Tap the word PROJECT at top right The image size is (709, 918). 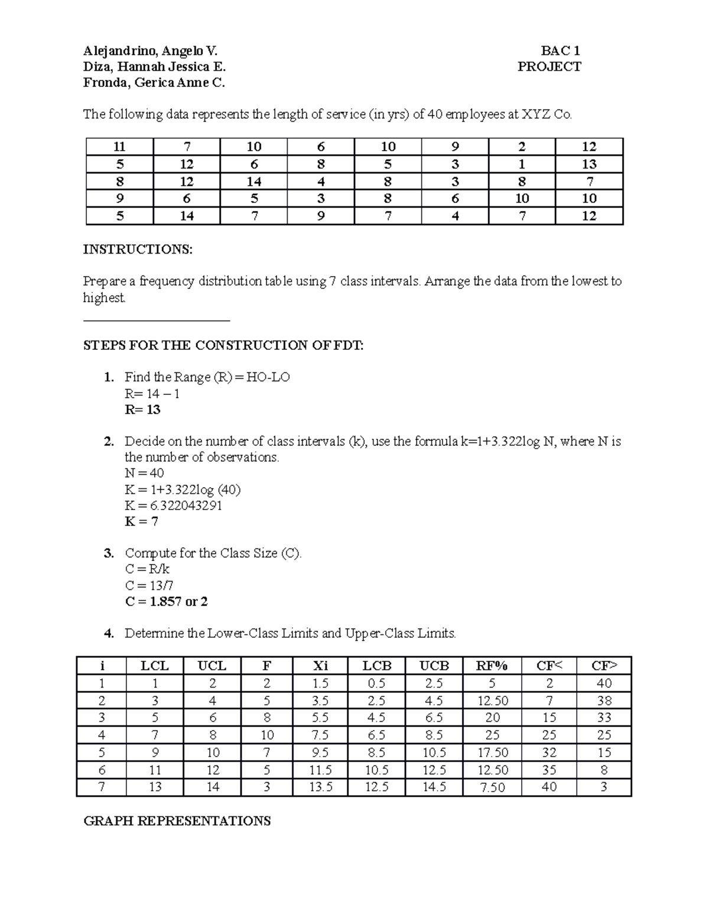tap(549, 67)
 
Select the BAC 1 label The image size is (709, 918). tap(560, 51)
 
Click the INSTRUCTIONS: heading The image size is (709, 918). tap(138, 249)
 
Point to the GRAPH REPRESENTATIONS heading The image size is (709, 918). tap(177, 821)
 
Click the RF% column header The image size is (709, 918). tap(492, 666)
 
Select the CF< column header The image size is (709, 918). tap(549, 666)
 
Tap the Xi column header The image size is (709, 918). tap(320, 666)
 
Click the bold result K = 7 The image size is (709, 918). tap(141, 521)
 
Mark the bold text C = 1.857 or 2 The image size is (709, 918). tap(166, 602)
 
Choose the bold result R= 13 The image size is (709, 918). tap(142, 410)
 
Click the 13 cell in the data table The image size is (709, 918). tap(589, 164)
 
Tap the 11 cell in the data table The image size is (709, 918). tap(119, 147)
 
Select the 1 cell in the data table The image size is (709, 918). tap(522, 164)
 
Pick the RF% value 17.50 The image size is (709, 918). tap(492, 752)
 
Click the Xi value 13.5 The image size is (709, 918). tap(320, 787)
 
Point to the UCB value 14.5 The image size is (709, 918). tap(434, 787)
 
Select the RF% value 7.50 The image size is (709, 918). tap(492, 787)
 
